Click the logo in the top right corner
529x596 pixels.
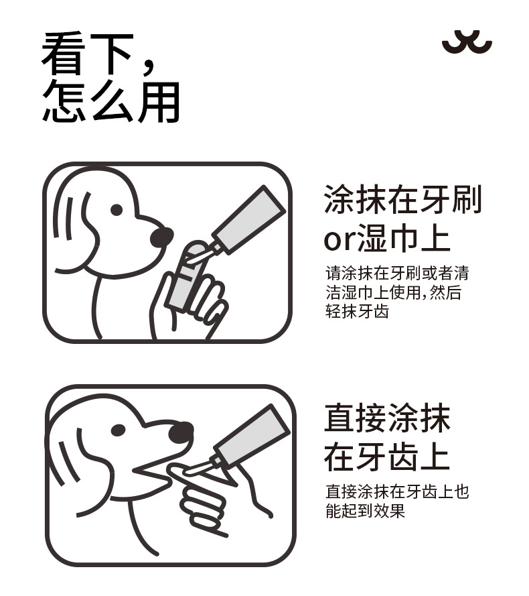[x=467, y=44]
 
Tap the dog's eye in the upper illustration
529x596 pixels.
[x=117, y=210]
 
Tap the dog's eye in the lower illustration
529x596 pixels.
[x=119, y=430]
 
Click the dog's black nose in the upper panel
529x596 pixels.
[x=161, y=237]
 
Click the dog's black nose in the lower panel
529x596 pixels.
[x=181, y=432]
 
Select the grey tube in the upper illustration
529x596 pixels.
[x=247, y=221]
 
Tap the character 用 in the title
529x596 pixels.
[x=159, y=102]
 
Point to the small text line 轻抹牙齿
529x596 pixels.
[x=358, y=312]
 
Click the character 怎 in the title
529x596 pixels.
[x=63, y=102]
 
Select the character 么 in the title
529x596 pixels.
[x=112, y=102]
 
